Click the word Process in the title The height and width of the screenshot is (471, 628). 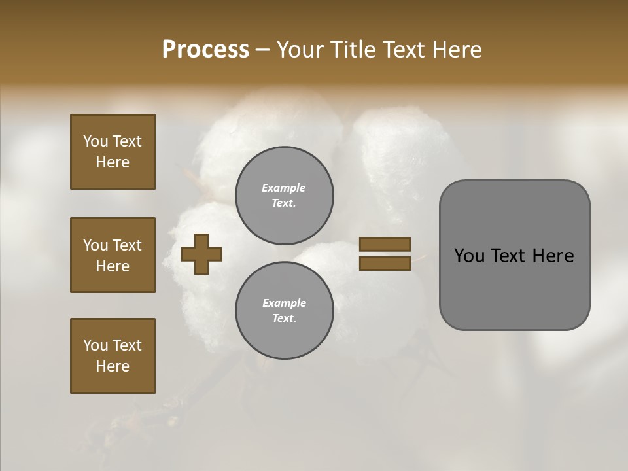pyautogui.click(x=205, y=50)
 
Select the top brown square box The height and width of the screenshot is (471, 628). pyautogui.click(x=113, y=152)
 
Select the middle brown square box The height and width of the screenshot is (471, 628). pyautogui.click(x=113, y=255)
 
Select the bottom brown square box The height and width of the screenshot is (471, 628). pyautogui.click(x=113, y=356)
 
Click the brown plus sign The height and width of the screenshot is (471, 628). pyautogui.click(x=201, y=254)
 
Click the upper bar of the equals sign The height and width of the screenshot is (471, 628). pyautogui.click(x=385, y=244)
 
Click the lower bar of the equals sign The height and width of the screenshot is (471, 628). pyautogui.click(x=385, y=263)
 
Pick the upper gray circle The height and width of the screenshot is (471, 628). pyautogui.click(x=284, y=196)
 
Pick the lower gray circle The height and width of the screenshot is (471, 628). pyautogui.click(x=284, y=311)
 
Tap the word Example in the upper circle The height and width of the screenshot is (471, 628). pyautogui.click(x=284, y=188)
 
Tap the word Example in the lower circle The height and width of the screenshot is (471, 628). pyautogui.click(x=284, y=303)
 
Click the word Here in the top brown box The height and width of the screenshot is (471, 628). pyautogui.click(x=113, y=162)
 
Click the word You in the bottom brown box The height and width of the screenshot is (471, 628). pyautogui.click(x=96, y=345)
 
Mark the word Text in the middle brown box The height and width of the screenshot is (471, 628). pyautogui.click(x=127, y=245)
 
